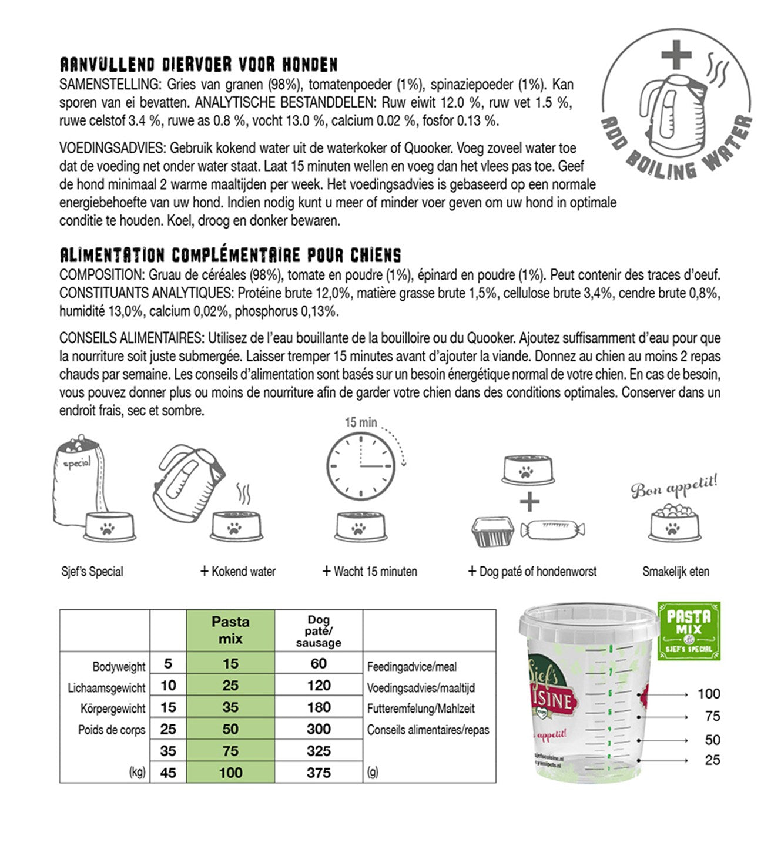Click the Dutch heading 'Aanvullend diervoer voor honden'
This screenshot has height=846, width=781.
tap(199, 64)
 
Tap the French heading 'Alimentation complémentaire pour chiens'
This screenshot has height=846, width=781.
tap(230, 255)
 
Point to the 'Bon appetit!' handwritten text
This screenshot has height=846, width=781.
tap(675, 486)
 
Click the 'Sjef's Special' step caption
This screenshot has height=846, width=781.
tap(92, 571)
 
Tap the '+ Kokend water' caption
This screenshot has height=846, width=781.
tap(238, 571)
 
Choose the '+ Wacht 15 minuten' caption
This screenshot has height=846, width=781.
tap(370, 571)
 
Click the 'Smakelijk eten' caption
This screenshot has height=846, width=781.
tap(676, 571)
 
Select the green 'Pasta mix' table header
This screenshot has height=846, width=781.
tap(230, 630)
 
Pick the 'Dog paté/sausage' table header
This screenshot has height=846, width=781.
tap(319, 631)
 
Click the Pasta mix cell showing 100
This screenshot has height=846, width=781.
tap(230, 772)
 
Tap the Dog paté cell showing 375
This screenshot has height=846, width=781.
tap(319, 772)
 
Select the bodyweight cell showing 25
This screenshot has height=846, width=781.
tap(168, 729)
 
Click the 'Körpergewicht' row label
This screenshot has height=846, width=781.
tap(113, 709)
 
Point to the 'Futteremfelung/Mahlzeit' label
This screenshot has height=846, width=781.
tap(421, 709)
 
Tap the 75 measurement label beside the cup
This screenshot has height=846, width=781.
tap(712, 716)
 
